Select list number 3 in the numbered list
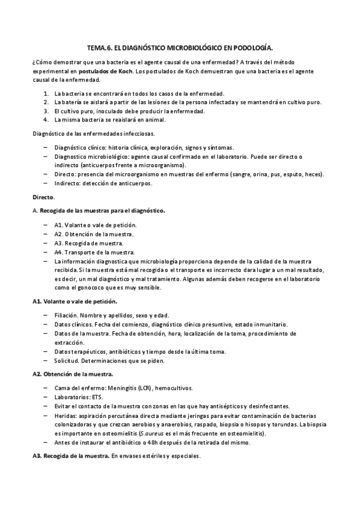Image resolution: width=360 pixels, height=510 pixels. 47,111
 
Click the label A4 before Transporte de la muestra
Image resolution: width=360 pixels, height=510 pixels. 58,252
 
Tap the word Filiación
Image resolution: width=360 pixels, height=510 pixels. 68,315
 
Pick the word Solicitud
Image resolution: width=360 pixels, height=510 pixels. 67,361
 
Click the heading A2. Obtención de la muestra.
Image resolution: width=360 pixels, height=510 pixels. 72,374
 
